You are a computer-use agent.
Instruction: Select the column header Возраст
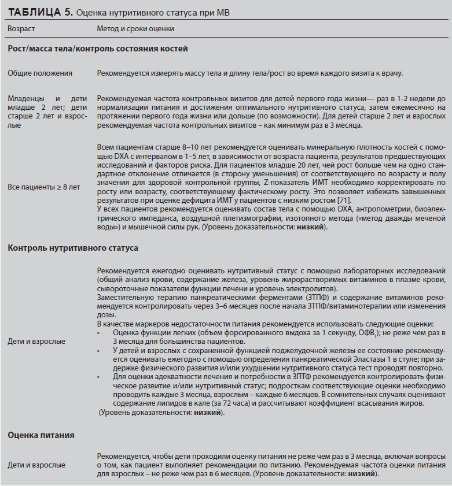tap(22, 28)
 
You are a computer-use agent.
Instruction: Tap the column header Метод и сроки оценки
tap(135, 28)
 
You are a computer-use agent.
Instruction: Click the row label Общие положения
tap(40, 73)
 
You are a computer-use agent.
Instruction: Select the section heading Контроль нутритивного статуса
tap(73, 248)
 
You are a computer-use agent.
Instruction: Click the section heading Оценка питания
tap(41, 434)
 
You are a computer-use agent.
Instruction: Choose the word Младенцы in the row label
tap(28, 99)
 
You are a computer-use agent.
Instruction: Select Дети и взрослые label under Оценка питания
tap(36, 465)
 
